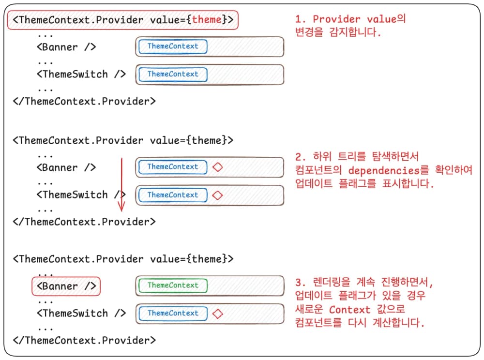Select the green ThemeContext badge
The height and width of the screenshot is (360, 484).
pos(172,285)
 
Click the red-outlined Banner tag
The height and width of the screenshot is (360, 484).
pos(66,286)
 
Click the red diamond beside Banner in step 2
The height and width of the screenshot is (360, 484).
pos(218,167)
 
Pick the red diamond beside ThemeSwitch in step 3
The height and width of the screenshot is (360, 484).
pos(218,314)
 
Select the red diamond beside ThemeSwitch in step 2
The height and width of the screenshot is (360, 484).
pos(218,195)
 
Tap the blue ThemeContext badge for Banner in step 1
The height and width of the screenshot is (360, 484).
pos(172,46)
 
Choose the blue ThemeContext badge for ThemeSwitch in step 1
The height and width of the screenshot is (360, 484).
pos(172,75)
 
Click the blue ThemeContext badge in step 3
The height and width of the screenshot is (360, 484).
pos(172,314)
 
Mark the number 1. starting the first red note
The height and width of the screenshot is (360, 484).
pos(301,19)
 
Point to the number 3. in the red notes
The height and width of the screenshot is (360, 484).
pos(301,282)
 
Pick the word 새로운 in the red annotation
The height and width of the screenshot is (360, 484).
pos(310,310)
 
